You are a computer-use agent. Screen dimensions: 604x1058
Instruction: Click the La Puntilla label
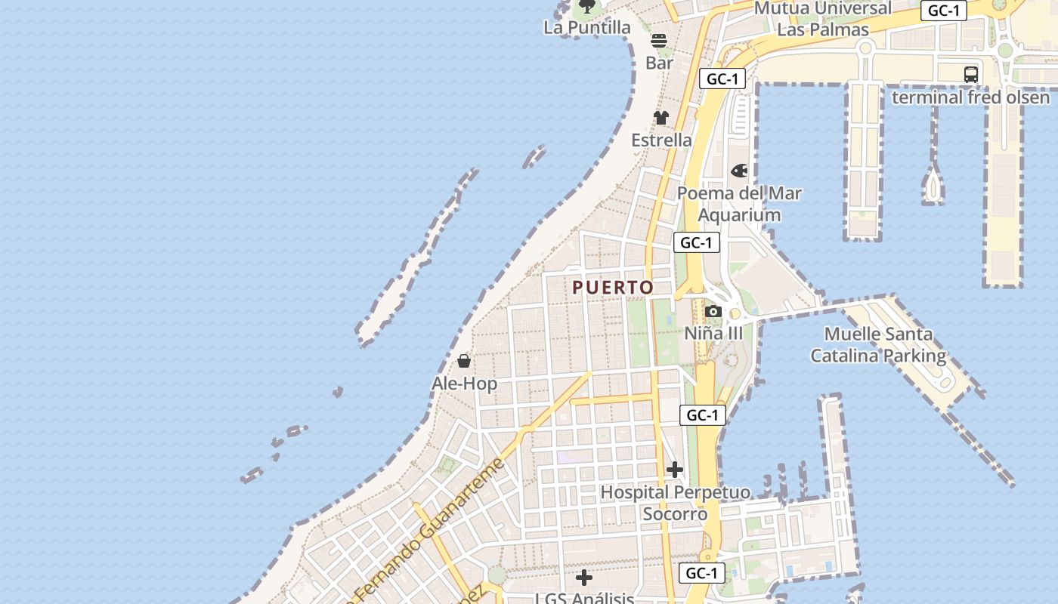coord(586,28)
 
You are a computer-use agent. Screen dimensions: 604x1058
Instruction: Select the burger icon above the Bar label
coord(659,41)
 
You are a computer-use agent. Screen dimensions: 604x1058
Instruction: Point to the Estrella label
coord(661,140)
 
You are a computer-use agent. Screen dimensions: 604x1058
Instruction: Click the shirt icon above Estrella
coord(661,118)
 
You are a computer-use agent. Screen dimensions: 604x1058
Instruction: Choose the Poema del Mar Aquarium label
coord(739,204)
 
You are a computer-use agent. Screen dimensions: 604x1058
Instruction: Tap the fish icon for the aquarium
coord(739,171)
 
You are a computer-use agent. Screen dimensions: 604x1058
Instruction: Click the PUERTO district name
coord(613,288)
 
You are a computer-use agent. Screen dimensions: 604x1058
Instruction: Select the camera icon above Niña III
coord(713,311)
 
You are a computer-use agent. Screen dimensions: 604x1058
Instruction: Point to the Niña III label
coord(713,334)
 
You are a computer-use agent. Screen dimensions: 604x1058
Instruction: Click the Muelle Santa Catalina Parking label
coord(878,345)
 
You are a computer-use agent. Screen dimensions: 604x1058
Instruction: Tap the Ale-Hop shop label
coord(464,384)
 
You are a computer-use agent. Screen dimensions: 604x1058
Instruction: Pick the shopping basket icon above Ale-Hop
coord(464,362)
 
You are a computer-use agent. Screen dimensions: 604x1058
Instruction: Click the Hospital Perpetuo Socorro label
coord(675,504)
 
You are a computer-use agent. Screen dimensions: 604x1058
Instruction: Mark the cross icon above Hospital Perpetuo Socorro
coord(675,470)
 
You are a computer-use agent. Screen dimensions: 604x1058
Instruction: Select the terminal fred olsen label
coord(970,98)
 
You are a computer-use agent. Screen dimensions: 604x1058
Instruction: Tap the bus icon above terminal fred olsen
coord(971,75)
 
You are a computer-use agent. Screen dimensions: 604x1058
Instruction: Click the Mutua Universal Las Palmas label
coord(822,19)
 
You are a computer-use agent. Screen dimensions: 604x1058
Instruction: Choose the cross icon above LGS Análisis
coord(583,578)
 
